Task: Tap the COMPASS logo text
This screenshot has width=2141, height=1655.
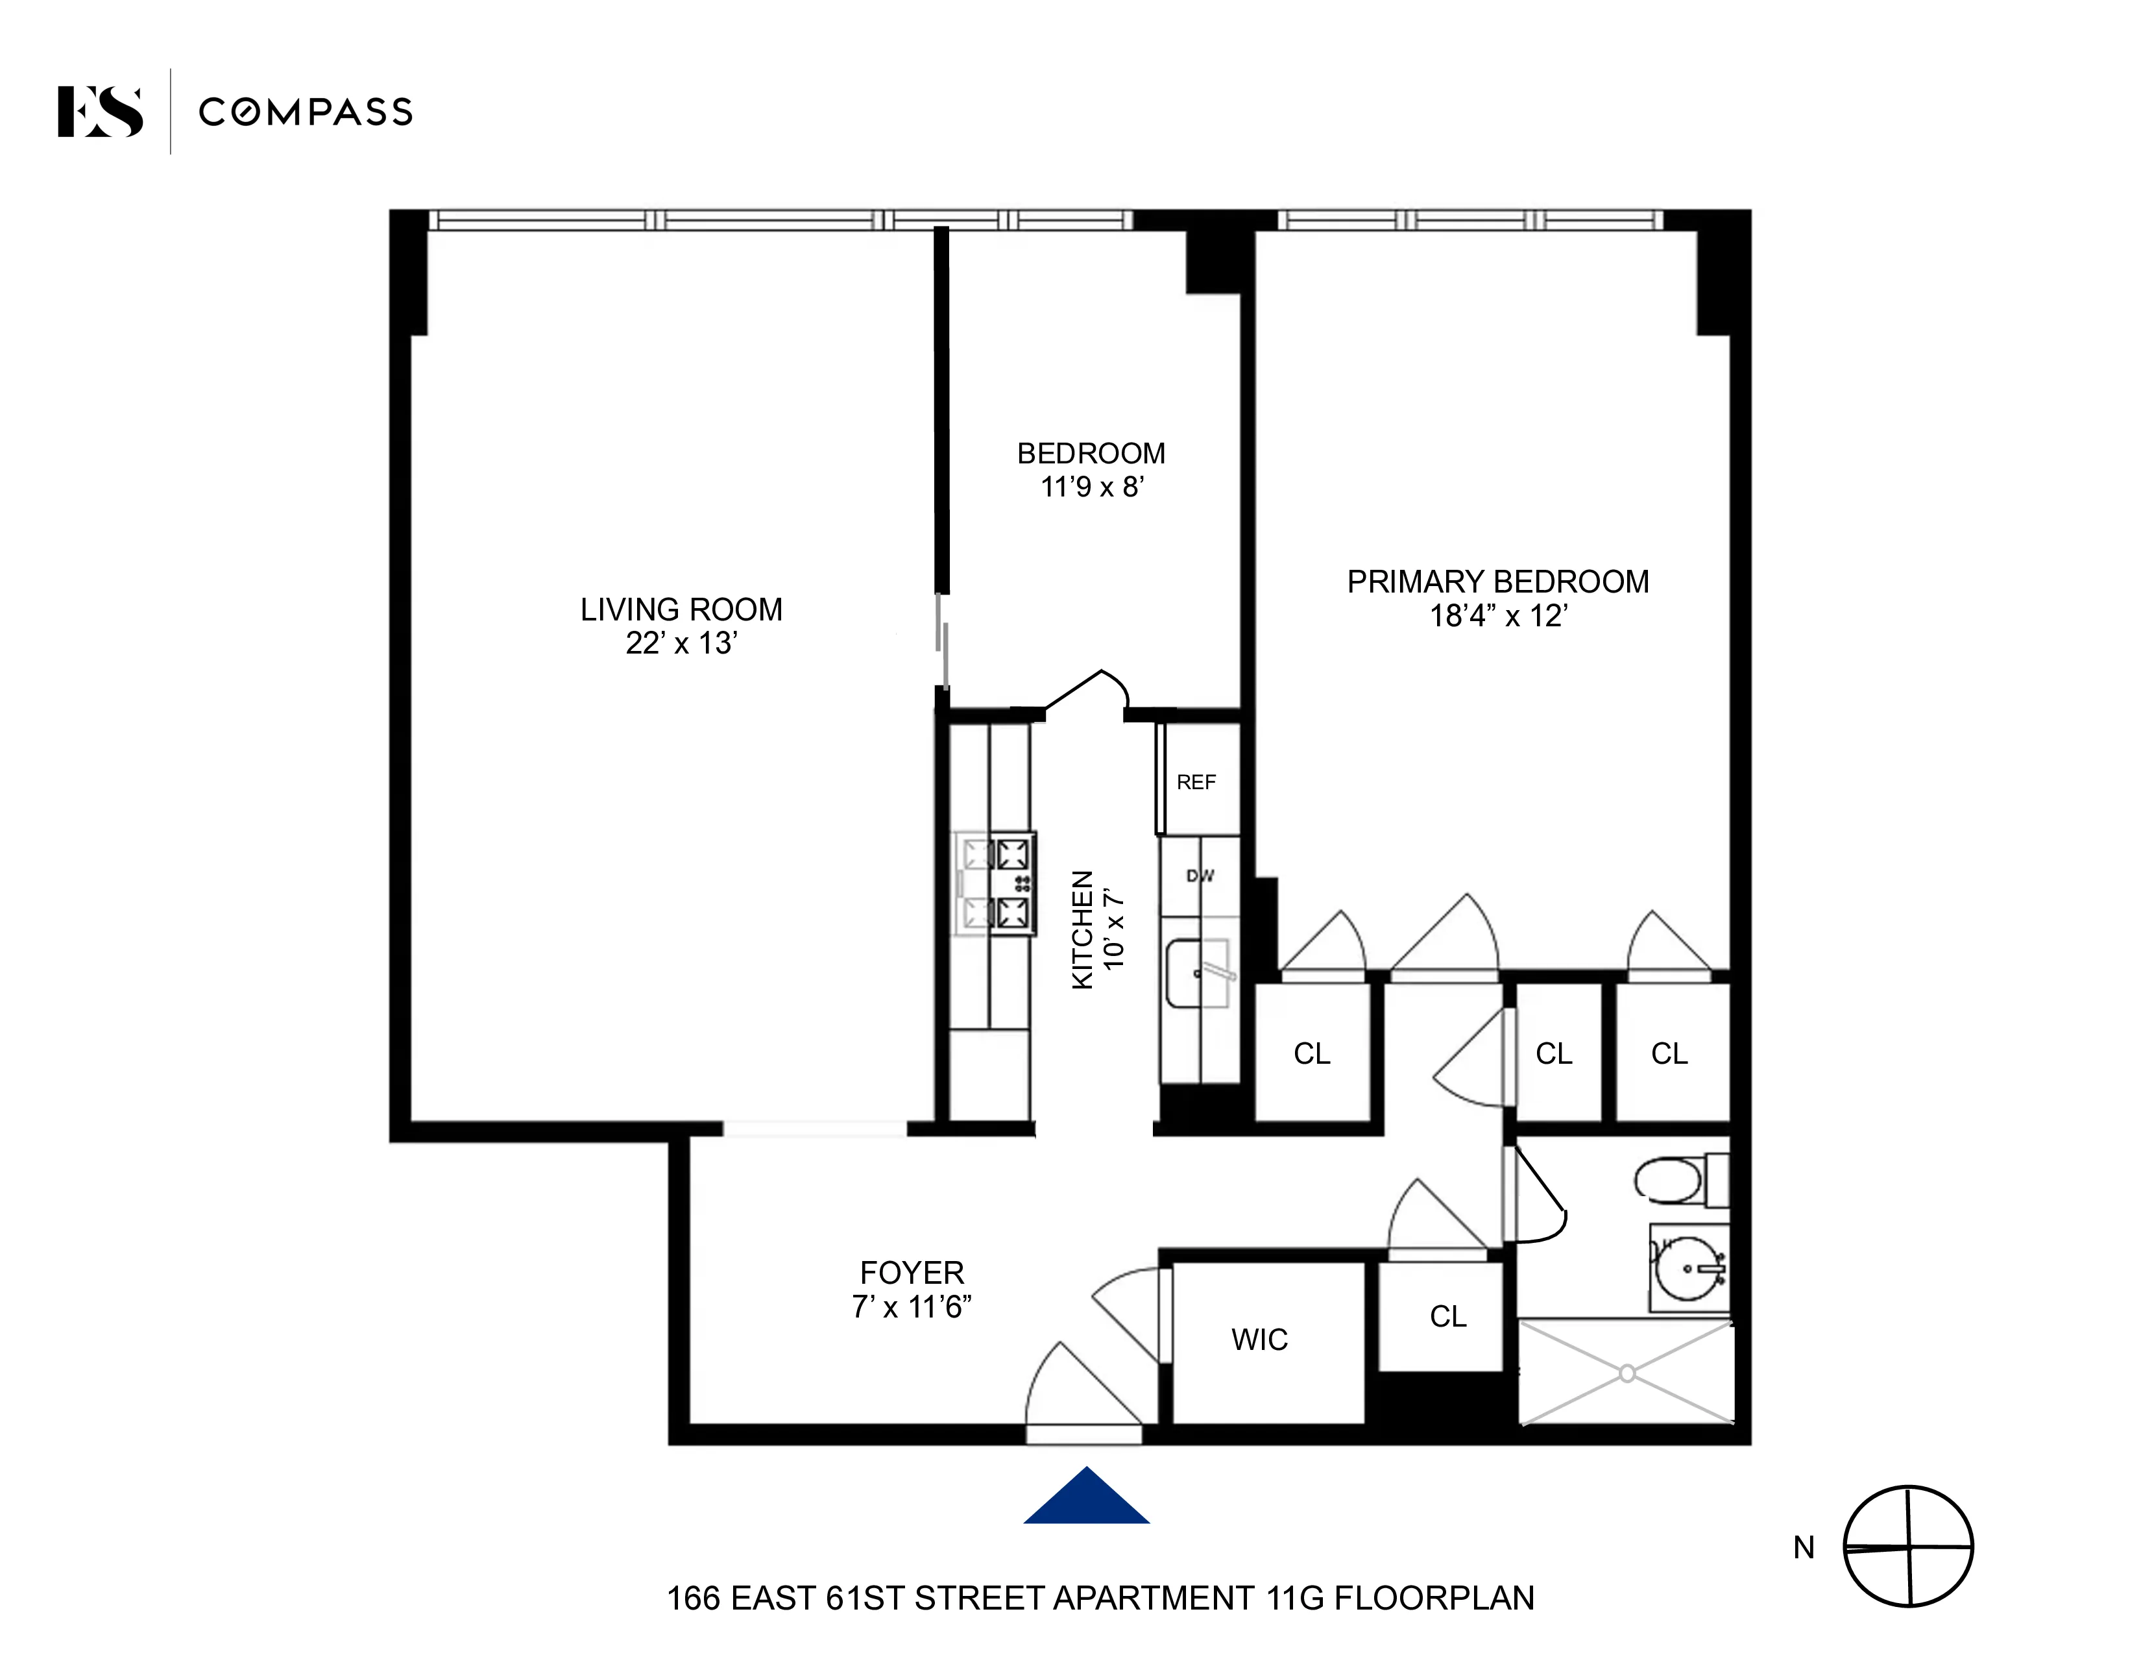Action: click(305, 112)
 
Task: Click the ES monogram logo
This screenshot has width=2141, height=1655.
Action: click(99, 112)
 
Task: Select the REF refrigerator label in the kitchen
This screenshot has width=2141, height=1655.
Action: click(1196, 783)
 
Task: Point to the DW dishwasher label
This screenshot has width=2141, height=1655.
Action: click(1200, 876)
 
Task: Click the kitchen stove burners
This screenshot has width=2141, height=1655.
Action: click(1011, 883)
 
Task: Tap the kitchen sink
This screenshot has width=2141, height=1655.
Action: click(1198, 973)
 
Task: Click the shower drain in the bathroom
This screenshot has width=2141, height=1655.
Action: click(1627, 1373)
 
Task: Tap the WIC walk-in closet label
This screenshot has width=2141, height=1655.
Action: click(1260, 1340)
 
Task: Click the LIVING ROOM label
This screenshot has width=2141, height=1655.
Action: click(681, 610)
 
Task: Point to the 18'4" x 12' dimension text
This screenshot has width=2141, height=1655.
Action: click(1498, 616)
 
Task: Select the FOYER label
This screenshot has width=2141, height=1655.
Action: click(912, 1273)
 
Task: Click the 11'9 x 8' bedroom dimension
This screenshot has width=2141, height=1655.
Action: click(1092, 486)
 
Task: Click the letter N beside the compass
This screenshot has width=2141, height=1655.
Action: click(1804, 1547)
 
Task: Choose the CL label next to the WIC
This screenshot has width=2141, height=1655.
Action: click(1448, 1316)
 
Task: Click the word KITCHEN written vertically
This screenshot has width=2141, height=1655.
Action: click(1082, 929)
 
